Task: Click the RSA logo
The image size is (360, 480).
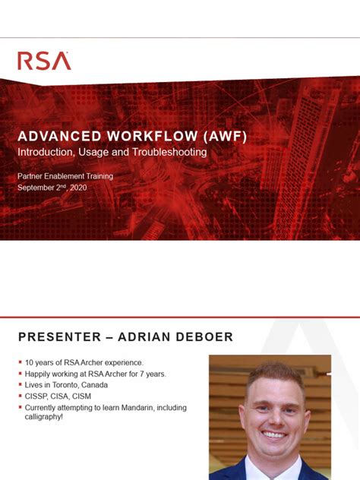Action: [44, 61]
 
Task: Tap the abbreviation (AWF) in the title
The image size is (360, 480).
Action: [220, 137]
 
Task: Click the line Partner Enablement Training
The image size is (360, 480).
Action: [65, 176]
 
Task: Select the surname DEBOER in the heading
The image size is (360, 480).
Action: [205, 336]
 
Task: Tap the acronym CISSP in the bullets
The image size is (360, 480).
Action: [36, 396]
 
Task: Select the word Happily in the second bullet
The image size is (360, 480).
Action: [38, 374]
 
